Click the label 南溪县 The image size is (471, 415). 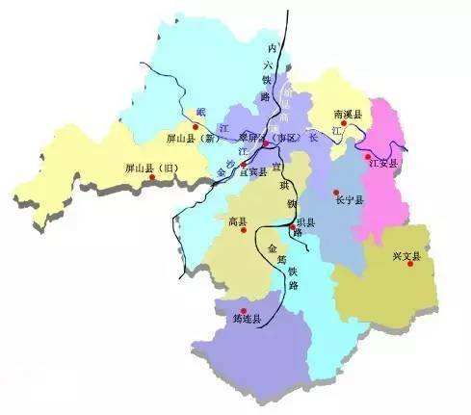347,114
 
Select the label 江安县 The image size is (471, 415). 382,164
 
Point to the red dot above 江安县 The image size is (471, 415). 367,155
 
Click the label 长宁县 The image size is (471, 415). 350,200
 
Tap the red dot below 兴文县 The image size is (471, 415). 410,265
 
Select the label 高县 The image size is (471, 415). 239,221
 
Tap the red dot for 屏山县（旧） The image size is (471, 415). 149,178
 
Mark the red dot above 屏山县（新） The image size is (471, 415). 196,126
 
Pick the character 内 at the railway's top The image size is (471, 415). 272,47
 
